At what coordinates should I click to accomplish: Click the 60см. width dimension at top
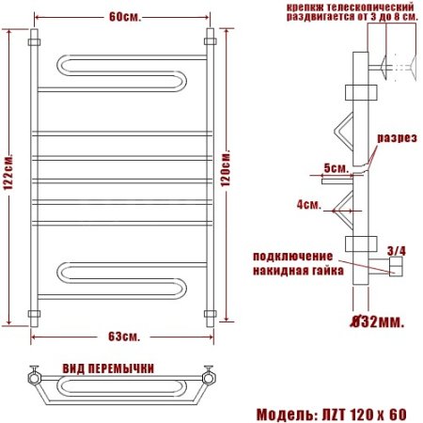pyautogui.click(x=124, y=18)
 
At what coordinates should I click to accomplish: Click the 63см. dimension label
pyautogui.click(x=124, y=336)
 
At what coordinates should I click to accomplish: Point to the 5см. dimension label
pyautogui.click(x=336, y=168)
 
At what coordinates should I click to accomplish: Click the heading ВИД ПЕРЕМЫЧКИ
pyautogui.click(x=108, y=368)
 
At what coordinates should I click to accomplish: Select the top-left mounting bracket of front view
pyautogui.click(x=35, y=43)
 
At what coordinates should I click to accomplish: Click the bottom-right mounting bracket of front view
pyautogui.click(x=211, y=312)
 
